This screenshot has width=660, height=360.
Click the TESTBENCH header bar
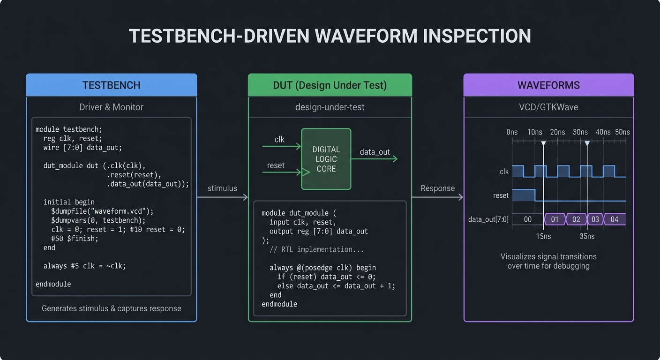[111, 85]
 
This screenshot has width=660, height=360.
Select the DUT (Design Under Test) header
[330, 85]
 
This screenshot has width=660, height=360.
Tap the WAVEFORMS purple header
[548, 85]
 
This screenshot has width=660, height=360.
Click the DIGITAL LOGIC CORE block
[326, 159]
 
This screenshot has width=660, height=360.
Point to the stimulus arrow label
[222, 188]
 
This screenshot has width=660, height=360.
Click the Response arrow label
[437, 188]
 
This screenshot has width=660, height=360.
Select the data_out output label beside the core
[375, 152]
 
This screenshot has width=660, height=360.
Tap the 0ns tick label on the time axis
[512, 132]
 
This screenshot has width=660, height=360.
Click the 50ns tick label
[622, 132]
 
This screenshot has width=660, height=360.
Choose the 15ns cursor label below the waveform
[543, 236]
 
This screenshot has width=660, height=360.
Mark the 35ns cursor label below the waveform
[587, 236]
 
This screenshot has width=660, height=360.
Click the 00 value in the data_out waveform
[527, 219]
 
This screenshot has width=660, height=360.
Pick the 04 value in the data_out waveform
[614, 219]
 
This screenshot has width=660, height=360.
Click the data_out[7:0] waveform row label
[488, 219]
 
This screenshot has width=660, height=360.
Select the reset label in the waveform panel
[501, 195]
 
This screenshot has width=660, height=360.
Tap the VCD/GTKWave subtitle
[548, 107]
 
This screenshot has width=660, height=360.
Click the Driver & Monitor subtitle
[111, 107]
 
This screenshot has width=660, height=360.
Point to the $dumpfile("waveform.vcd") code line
[102, 211]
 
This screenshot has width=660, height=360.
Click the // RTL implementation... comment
[316, 249]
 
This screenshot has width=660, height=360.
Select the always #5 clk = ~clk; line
[84, 266]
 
